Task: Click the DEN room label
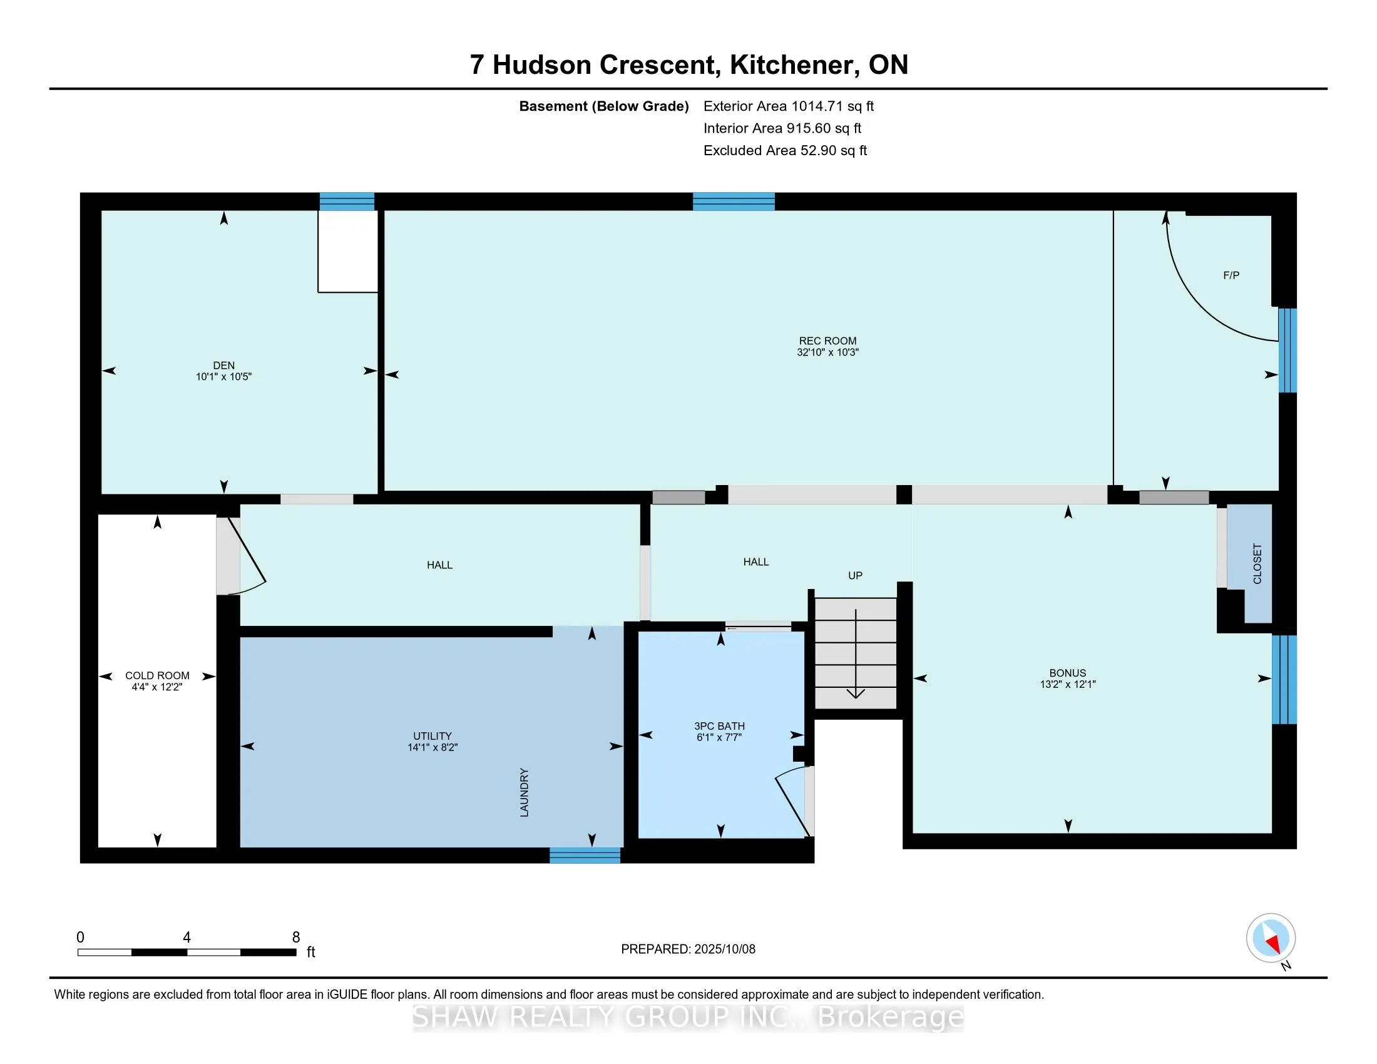pyautogui.click(x=224, y=366)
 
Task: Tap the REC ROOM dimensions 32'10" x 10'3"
pyautogui.click(x=828, y=352)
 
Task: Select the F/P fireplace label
pyautogui.click(x=1231, y=275)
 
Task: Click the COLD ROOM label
pyautogui.click(x=157, y=676)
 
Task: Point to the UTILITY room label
pyautogui.click(x=433, y=736)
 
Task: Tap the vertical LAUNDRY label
pyautogui.click(x=524, y=793)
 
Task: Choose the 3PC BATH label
pyautogui.click(x=719, y=726)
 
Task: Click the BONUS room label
pyautogui.click(x=1068, y=673)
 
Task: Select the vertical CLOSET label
pyautogui.click(x=1257, y=563)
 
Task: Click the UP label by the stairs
pyautogui.click(x=855, y=575)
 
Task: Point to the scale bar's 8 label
pyautogui.click(x=296, y=938)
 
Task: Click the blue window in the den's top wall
pyautogui.click(x=347, y=201)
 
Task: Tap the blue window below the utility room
pyautogui.click(x=585, y=856)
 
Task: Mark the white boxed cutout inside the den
pyautogui.click(x=347, y=252)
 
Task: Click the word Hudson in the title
pyautogui.click(x=541, y=65)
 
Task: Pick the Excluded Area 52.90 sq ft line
pyautogui.click(x=786, y=151)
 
